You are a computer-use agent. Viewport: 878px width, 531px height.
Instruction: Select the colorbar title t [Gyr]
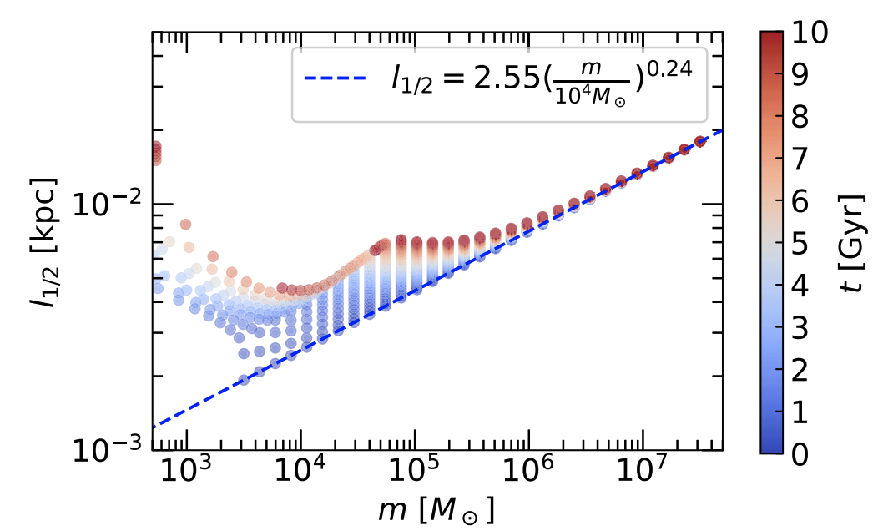coord(854,243)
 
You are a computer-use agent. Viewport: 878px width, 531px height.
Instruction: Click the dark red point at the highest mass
coord(700,141)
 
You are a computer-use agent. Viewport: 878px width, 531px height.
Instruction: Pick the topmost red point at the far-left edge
coord(155,147)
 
